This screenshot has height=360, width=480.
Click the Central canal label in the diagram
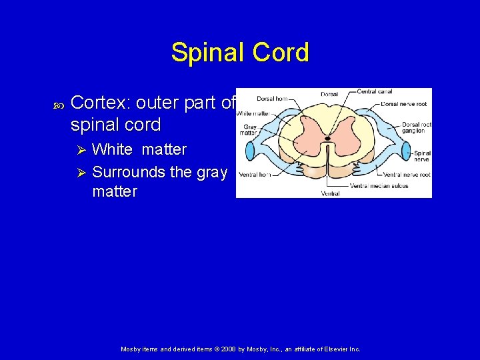pos(375,91)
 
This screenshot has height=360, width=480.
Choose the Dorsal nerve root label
pos(399,104)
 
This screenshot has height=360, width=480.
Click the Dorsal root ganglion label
pos(417,127)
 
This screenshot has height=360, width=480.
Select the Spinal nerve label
pos(422,157)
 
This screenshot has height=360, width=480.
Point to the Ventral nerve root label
pos(407,174)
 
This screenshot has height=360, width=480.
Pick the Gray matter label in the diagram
pos(250,129)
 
